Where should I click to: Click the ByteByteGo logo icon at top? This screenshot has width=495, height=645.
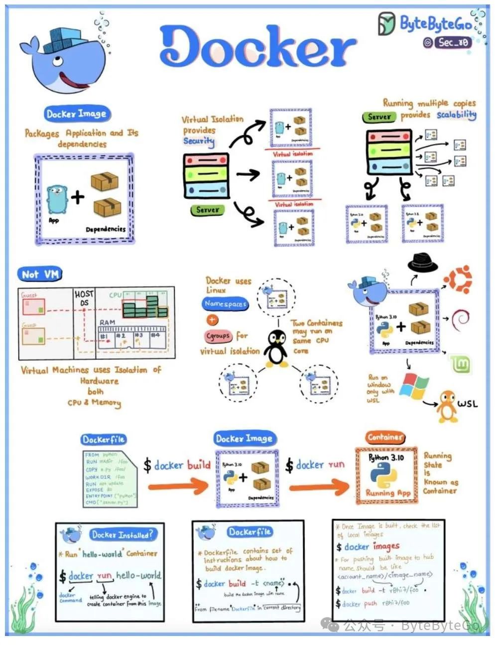pos(386,24)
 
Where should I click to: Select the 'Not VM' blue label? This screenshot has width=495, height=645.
pos(40,274)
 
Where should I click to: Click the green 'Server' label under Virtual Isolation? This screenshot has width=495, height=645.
pos(207,210)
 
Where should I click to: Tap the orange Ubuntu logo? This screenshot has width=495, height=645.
pos(458,280)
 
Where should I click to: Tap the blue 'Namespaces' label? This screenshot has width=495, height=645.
pos(225,304)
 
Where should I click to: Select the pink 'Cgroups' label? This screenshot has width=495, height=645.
pos(218,336)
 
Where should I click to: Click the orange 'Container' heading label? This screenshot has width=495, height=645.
pos(384,438)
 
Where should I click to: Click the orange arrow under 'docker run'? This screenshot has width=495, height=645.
pos(319,486)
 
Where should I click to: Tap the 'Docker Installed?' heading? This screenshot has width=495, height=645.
pos(122,535)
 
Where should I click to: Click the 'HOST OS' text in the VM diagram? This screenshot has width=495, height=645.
pos(84,298)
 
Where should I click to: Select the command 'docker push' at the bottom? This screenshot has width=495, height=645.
pos(360,604)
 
